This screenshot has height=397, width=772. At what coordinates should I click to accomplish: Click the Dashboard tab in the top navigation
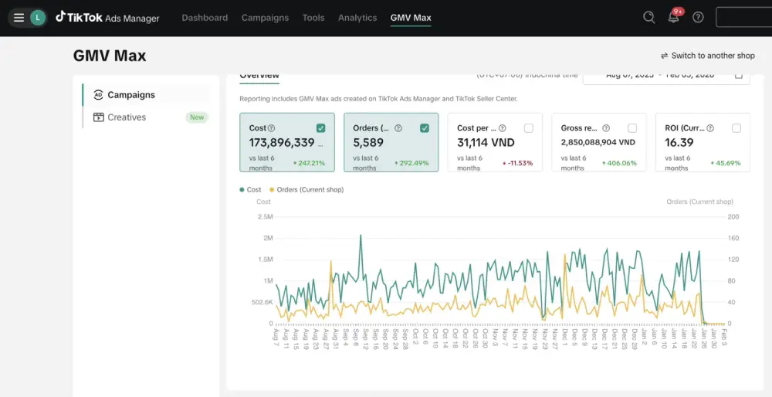(x=205, y=18)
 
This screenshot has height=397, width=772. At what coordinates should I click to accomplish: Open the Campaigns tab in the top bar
(x=265, y=18)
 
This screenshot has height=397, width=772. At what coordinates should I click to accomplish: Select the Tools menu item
(x=313, y=18)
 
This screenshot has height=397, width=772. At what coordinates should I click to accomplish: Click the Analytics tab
(x=357, y=18)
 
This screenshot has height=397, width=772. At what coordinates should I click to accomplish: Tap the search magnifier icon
(x=649, y=17)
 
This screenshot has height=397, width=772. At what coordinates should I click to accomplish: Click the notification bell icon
(x=674, y=18)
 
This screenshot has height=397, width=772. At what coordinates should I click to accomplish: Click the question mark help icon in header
(x=698, y=17)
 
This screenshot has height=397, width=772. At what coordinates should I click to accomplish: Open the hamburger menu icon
(x=19, y=18)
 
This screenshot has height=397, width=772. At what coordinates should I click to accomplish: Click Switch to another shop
(x=707, y=56)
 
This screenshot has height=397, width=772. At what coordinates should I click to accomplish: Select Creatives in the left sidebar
(x=127, y=117)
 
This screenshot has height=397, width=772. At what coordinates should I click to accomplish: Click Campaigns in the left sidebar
(x=130, y=95)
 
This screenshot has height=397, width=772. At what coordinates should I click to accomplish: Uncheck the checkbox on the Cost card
(x=320, y=128)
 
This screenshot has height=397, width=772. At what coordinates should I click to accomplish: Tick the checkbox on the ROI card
(x=736, y=128)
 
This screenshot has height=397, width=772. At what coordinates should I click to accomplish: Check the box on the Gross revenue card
(x=632, y=128)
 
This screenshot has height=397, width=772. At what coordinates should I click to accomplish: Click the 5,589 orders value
(x=368, y=143)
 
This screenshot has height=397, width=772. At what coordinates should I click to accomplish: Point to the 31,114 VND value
(x=486, y=143)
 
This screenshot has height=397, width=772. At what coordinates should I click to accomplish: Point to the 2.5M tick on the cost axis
(x=265, y=217)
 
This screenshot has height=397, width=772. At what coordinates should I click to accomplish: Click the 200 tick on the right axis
(x=733, y=217)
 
